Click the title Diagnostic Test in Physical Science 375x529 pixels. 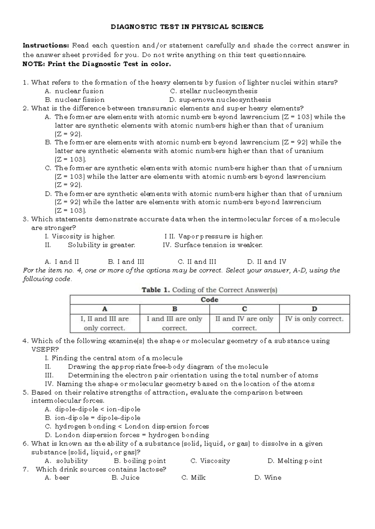tap(187, 27)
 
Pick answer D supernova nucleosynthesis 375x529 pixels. tap(220, 100)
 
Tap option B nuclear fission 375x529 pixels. tap(75, 100)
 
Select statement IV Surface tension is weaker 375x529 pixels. tap(212, 245)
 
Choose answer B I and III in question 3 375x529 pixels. tap(126, 262)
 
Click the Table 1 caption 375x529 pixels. tap(209, 290)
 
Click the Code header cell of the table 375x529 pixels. tap(209, 300)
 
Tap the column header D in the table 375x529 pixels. tap(314, 309)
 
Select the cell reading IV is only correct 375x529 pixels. tap(314, 319)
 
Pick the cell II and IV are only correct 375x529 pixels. tap(244, 323)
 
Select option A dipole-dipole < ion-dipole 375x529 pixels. tap(92, 409)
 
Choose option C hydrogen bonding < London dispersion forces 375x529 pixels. tap(127, 426)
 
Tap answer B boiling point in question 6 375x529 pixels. tap(140, 461)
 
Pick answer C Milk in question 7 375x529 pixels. tap(193, 478)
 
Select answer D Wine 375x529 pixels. tap(268, 478)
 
